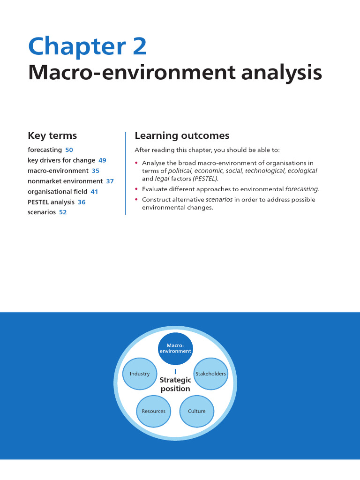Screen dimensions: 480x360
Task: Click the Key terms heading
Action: pos(52,136)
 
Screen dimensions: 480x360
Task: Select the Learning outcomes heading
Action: pos(182,136)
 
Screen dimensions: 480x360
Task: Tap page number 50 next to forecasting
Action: pos(69,150)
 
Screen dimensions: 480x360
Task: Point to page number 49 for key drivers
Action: pos(102,160)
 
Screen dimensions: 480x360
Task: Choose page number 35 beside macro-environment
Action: pos(95,171)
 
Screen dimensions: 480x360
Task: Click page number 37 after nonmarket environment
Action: pos(110,181)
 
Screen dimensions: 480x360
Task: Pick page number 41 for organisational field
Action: pos(94,192)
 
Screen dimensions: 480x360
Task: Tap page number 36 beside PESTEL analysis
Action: pos(82,202)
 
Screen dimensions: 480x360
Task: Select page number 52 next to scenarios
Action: pos(63,212)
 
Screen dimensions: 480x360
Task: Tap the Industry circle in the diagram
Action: pos(140,374)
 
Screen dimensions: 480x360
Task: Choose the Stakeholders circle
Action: pos(210,374)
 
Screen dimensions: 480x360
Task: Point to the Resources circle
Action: pos(154,411)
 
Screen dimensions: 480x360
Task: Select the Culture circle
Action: pos(197,411)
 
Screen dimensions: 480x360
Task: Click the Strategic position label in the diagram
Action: pos(175,384)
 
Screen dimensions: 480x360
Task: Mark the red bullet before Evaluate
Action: pos(136,189)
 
